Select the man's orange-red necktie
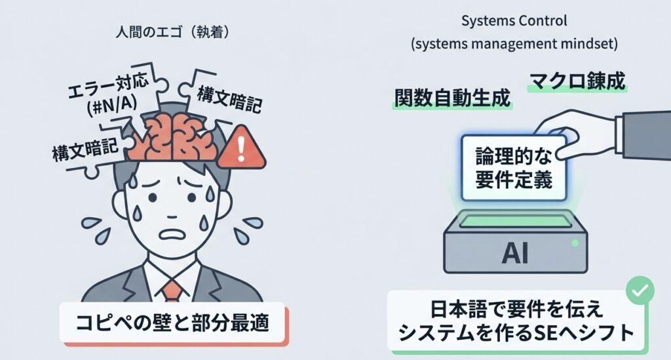tap(172, 289)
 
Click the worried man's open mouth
tap(169, 233)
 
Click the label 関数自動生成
tap(451, 98)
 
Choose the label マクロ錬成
tap(577, 82)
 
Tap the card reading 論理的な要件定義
tap(514, 169)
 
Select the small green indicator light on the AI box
tap(575, 243)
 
